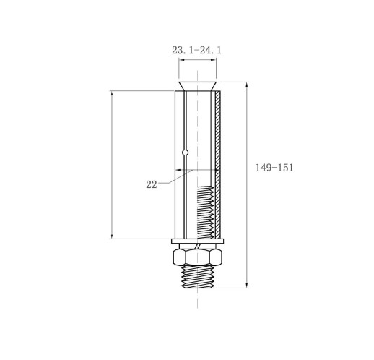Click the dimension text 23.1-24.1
[x=196, y=50]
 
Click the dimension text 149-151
[x=274, y=168]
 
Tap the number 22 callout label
[x=152, y=184]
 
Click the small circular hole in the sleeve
[x=185, y=153]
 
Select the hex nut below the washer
[x=197, y=257]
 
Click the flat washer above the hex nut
[x=198, y=241]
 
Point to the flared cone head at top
[x=198, y=86]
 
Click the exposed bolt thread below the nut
[x=198, y=276]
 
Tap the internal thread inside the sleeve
[x=205, y=213]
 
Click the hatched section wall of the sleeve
[x=218, y=165]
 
